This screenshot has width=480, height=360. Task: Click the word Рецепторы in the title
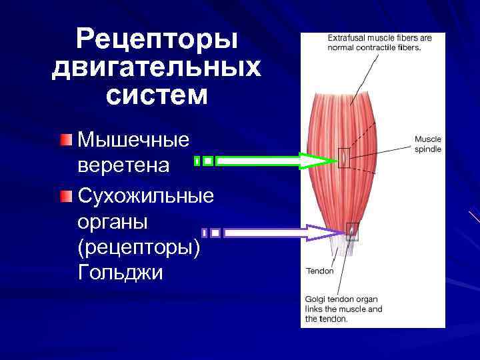[157, 40]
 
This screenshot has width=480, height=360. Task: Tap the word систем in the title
[157, 95]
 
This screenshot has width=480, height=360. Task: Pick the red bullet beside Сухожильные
[64, 197]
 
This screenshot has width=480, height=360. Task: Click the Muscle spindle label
[427, 144]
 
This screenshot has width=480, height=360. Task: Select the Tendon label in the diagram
[319, 271]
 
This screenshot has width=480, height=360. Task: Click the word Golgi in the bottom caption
[317, 299]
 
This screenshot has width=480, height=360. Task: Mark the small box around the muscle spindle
[343, 157]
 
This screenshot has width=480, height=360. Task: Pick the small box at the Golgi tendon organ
[351, 231]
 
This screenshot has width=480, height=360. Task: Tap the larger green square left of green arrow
[209, 161]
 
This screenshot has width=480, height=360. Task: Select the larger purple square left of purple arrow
[216, 233]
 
